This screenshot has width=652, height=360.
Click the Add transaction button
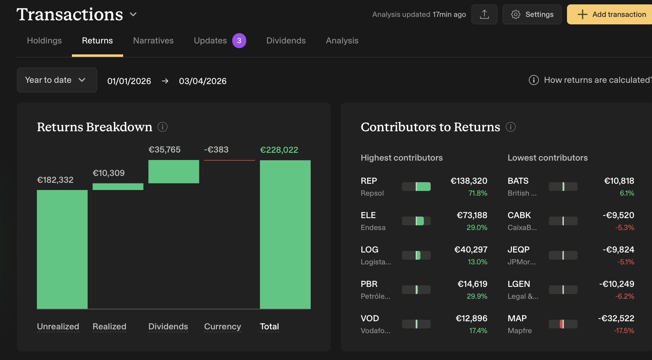click(611, 14)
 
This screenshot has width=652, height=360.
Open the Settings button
click(532, 14)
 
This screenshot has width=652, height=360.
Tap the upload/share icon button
click(484, 14)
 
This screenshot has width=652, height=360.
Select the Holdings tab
click(44, 41)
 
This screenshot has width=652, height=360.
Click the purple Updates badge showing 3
click(239, 41)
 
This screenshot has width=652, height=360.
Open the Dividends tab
click(286, 41)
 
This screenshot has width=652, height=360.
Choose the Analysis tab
click(342, 41)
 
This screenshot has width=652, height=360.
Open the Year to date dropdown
click(57, 80)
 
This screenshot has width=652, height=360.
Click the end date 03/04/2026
click(203, 81)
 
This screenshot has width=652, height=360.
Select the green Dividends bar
click(173, 172)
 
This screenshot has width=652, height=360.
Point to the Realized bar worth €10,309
click(118, 187)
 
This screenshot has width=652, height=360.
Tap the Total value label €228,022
click(279, 150)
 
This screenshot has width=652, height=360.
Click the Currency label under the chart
click(222, 327)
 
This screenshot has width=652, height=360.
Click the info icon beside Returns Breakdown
click(163, 127)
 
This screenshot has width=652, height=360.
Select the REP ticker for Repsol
click(369, 181)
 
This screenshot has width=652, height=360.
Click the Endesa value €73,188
click(472, 215)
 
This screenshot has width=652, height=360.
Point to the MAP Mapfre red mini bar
click(562, 324)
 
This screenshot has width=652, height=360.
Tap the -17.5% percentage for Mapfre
click(624, 331)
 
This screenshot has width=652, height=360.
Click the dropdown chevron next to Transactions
click(133, 14)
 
